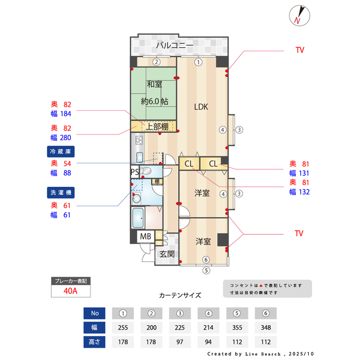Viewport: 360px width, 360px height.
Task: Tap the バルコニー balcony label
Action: [x=174, y=45]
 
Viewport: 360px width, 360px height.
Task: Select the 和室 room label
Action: [x=155, y=84]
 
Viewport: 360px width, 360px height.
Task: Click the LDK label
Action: [x=201, y=106]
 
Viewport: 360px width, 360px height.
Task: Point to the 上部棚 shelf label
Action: [x=157, y=127]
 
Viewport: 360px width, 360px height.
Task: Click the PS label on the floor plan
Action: [x=134, y=172]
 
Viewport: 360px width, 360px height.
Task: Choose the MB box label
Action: [x=145, y=236]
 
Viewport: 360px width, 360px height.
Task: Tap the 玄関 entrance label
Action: [x=167, y=254]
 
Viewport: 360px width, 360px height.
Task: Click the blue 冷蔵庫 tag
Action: [x=61, y=151]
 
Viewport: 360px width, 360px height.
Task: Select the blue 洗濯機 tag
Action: [x=61, y=192]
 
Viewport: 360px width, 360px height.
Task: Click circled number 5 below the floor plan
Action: [x=206, y=271]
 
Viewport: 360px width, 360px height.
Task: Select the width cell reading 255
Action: [x=123, y=327]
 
